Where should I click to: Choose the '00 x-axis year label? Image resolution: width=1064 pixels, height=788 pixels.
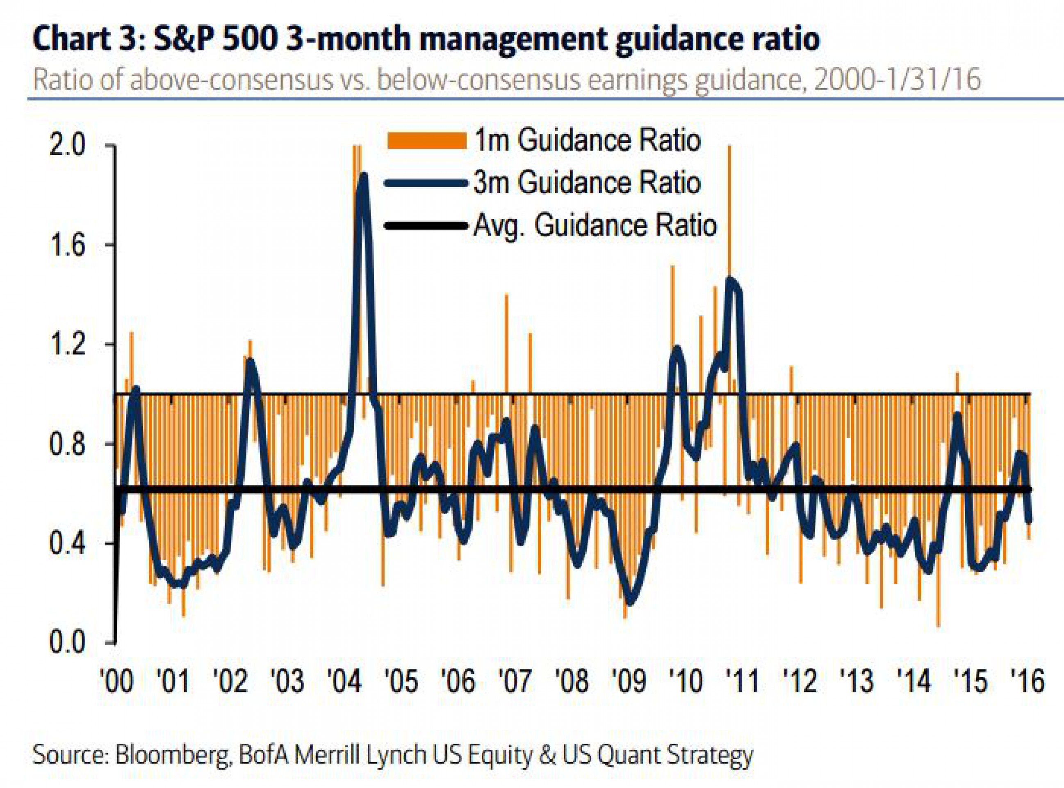tap(117, 680)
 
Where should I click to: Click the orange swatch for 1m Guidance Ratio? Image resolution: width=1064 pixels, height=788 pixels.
tap(426, 141)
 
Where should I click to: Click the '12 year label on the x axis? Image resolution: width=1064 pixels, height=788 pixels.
tap(801, 680)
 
